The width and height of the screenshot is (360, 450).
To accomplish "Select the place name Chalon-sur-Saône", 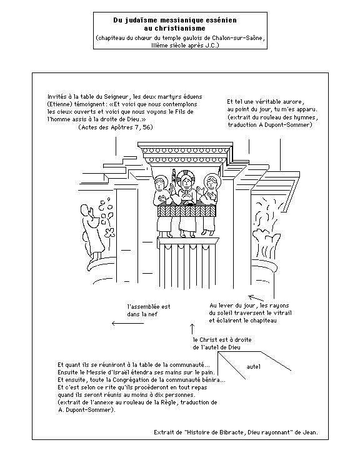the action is click(x=237, y=38).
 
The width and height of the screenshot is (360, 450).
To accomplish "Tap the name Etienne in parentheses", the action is click(x=60, y=104).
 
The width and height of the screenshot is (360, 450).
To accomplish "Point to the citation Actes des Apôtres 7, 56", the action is click(x=116, y=127).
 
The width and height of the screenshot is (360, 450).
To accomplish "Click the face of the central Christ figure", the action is click(x=186, y=182).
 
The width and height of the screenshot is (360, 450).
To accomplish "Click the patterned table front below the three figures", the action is click(x=186, y=211).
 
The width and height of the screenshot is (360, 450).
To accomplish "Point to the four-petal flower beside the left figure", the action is click(x=109, y=232).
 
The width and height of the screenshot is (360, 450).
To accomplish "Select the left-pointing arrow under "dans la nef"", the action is click(x=127, y=324).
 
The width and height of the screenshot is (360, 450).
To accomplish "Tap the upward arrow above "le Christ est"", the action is click(x=192, y=329).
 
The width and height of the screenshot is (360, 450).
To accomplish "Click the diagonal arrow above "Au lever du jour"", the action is click(x=256, y=298).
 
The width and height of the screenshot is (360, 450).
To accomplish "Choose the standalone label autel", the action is click(x=254, y=367).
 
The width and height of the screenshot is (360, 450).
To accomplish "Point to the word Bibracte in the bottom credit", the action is click(x=231, y=432).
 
